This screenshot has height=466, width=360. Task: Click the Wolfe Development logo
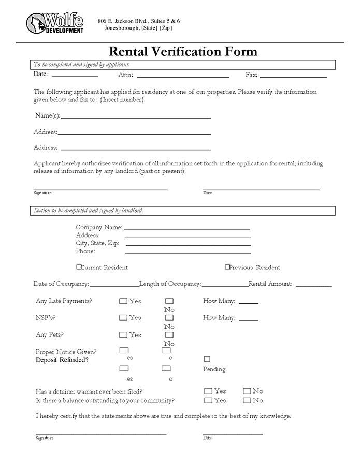(x=55, y=23)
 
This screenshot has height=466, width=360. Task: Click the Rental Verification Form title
(x=183, y=52)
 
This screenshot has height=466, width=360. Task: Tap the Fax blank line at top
(x=293, y=76)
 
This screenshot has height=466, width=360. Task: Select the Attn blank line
(x=183, y=76)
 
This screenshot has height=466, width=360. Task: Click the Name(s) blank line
(x=136, y=117)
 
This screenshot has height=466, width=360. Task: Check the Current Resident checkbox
(x=79, y=267)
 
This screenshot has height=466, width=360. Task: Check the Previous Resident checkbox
(x=227, y=267)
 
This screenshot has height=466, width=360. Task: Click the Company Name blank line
(x=186, y=228)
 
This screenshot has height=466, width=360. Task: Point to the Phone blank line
(x=188, y=253)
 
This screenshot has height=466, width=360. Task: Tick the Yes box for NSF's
(x=123, y=318)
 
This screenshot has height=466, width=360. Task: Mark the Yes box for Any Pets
(x=123, y=335)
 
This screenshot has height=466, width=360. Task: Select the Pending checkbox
(x=207, y=359)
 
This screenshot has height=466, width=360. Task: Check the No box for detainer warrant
(x=247, y=391)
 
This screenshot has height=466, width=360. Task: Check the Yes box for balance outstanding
(x=208, y=400)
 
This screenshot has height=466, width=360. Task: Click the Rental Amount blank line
(x=313, y=285)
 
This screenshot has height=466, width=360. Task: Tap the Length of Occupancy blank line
(x=225, y=285)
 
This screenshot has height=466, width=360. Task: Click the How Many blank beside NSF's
(x=249, y=319)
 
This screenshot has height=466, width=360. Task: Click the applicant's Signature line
(x=100, y=188)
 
